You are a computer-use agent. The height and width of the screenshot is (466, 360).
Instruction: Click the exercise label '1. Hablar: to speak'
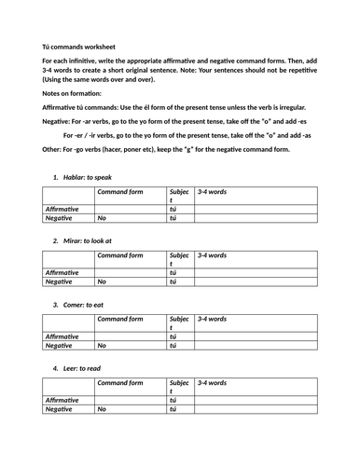click(89, 176)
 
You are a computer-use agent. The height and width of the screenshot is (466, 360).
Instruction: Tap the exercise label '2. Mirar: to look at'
click(90, 240)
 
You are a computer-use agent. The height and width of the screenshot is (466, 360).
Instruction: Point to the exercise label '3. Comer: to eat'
click(85, 304)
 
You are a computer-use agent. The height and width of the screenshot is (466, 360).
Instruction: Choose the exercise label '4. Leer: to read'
click(83, 368)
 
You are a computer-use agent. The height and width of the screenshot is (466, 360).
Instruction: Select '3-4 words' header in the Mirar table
click(212, 254)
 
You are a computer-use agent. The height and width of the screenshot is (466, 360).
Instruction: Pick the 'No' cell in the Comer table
click(102, 345)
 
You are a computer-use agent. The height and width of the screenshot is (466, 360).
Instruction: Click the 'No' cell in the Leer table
click(102, 409)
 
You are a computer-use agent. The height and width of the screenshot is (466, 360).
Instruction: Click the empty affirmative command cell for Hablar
click(131, 210)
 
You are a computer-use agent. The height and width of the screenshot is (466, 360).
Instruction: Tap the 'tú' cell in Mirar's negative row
click(173, 281)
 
